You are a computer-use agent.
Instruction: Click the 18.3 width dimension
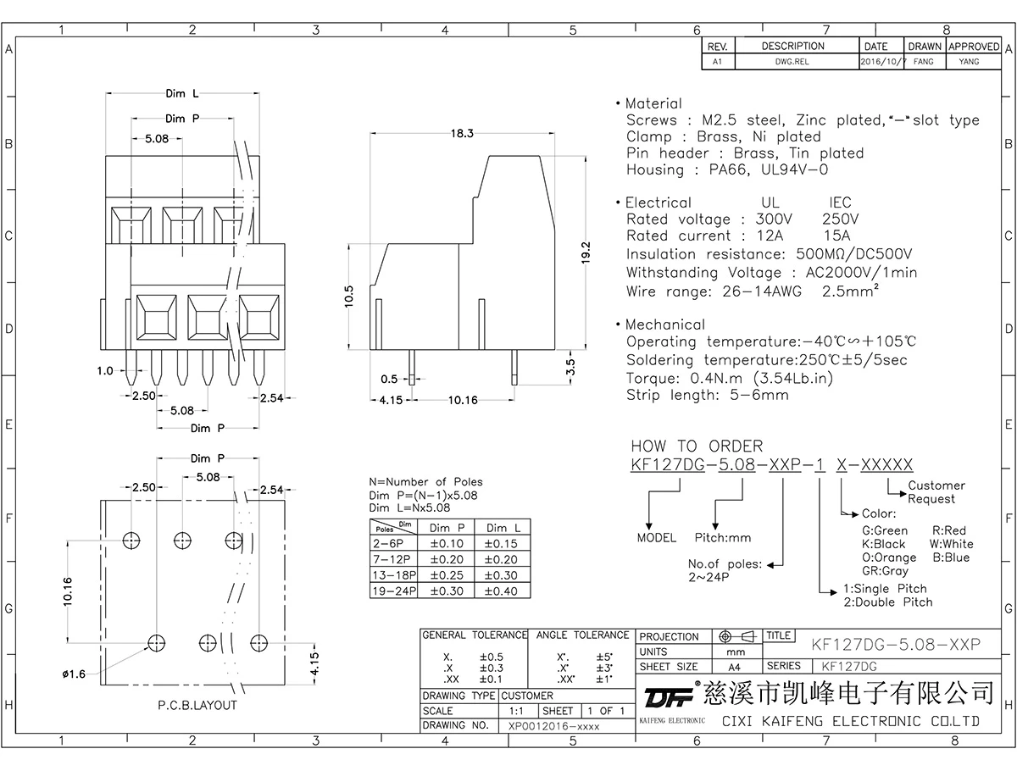462,134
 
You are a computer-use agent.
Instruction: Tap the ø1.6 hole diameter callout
74,674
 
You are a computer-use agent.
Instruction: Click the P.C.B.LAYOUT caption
197,705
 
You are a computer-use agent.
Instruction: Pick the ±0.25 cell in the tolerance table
447,575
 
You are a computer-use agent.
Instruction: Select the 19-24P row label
394,591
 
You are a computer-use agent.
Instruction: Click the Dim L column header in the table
503,528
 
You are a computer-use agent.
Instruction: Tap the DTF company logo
667,696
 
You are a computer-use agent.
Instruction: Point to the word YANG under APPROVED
969,62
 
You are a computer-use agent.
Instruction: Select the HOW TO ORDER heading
697,447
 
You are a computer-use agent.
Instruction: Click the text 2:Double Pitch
887,602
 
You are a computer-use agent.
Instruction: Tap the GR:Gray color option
885,571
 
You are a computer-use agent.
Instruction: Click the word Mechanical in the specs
664,324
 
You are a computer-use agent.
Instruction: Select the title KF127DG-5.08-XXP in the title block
896,645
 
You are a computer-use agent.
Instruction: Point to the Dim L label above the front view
182,94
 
